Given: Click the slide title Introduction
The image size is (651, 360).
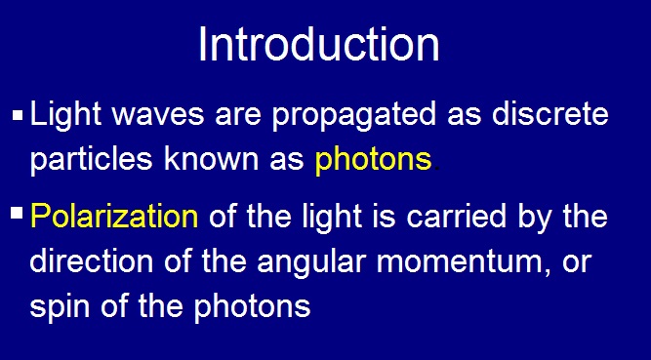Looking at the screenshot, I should [318, 45].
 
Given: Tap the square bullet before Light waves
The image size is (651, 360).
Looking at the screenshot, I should [18, 117].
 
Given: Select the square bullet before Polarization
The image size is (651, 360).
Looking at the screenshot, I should [18, 213].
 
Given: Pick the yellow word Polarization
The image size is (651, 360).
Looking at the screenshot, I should [114, 217].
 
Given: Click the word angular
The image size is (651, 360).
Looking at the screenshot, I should [334, 261].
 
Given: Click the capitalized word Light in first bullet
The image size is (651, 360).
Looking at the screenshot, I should [61, 117].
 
